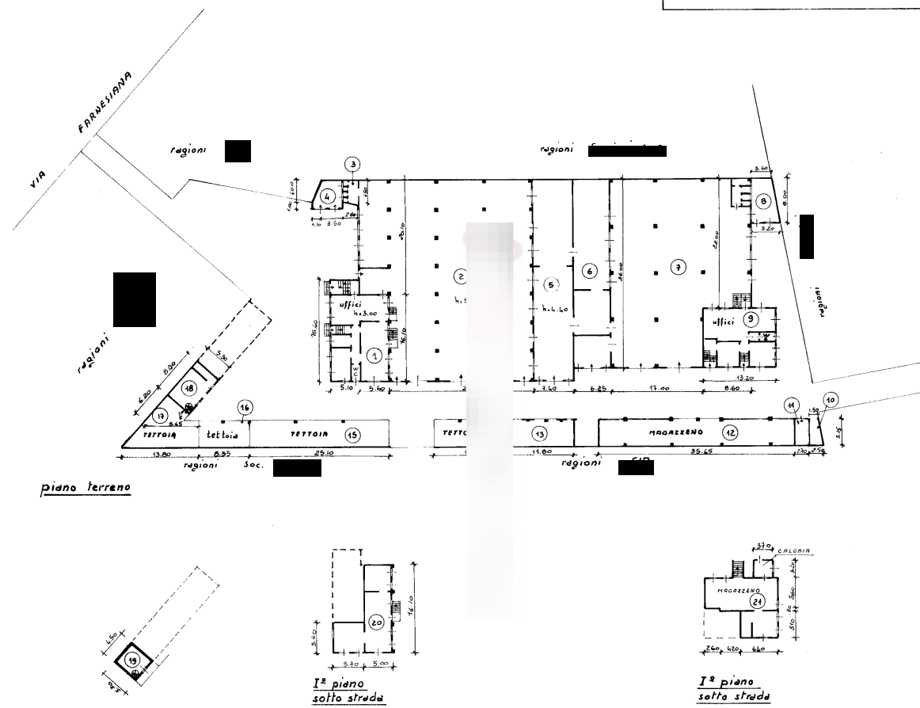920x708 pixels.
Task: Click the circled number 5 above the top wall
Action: click(353, 164)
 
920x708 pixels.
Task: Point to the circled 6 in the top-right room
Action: click(763, 200)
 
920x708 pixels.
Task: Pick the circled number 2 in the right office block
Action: click(752, 318)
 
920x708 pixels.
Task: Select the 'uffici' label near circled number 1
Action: click(349, 303)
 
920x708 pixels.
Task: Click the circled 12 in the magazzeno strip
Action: click(731, 433)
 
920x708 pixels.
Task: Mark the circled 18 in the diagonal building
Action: click(188, 388)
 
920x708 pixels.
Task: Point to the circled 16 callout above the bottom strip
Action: click(245, 408)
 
